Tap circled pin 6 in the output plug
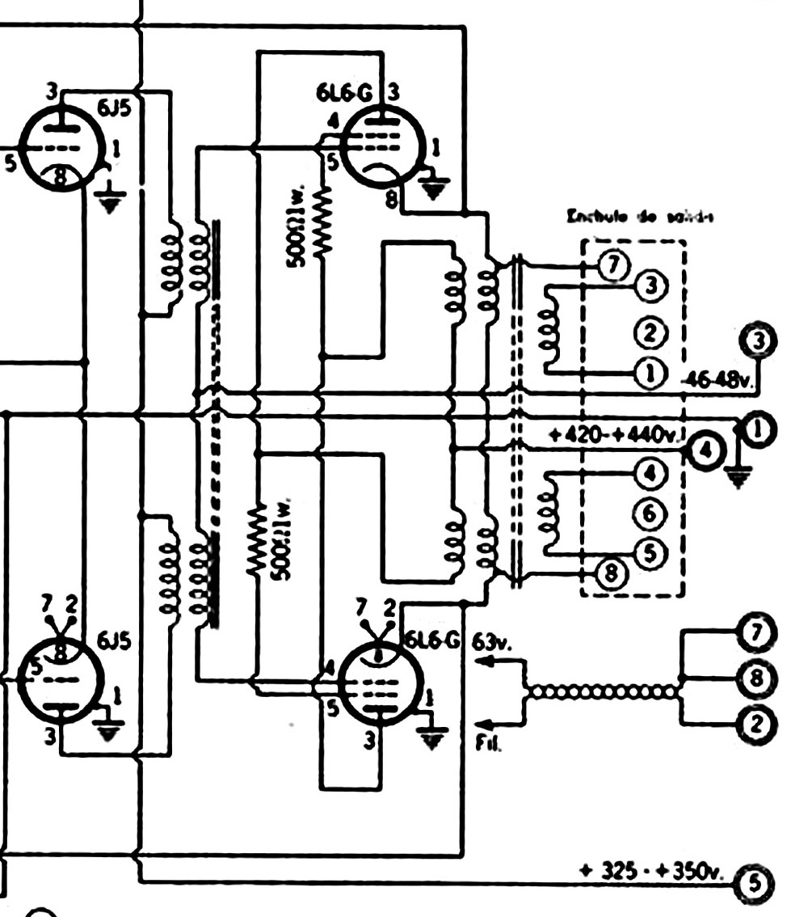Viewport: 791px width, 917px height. point(652,513)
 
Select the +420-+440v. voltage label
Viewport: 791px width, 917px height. point(616,437)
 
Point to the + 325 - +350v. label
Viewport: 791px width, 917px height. point(653,872)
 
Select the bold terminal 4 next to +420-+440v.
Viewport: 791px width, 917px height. point(705,450)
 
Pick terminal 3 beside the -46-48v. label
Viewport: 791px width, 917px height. point(757,342)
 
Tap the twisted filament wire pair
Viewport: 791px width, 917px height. point(604,691)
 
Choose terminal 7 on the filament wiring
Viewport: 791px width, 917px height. point(756,633)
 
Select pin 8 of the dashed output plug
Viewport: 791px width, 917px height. point(611,573)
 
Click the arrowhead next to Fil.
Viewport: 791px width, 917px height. point(478,722)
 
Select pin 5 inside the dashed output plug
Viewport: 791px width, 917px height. point(652,552)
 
